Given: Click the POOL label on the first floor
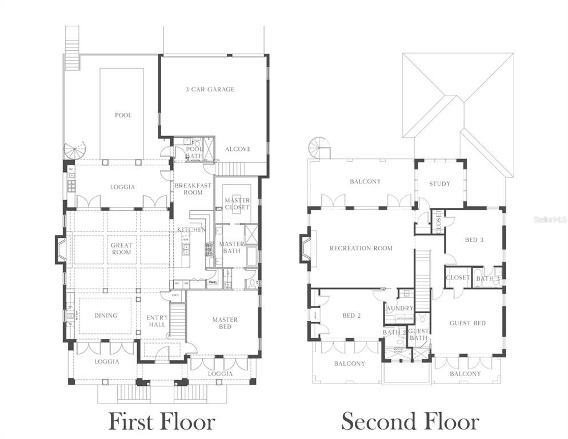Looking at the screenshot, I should coord(123,115).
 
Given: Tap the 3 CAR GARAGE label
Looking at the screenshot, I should coord(210,89).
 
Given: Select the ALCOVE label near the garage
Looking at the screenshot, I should coord(238,149).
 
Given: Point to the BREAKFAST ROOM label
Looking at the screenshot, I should coord(193,189).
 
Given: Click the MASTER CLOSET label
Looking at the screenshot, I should coord(237,203).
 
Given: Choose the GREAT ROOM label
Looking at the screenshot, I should coord(121,249).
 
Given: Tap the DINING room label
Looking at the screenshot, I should coord(106,315).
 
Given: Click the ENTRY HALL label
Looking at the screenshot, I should coord(157,321).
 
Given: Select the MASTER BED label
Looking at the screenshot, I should coord(225,323).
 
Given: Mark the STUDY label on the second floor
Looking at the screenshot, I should coord(439,183).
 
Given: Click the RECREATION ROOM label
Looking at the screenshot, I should coord(361,248).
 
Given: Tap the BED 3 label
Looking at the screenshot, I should coord(474,240).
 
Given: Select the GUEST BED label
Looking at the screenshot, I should coord(467,323).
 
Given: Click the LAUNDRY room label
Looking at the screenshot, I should coord(399,308).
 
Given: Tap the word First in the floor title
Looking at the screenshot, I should coord(133,422).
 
